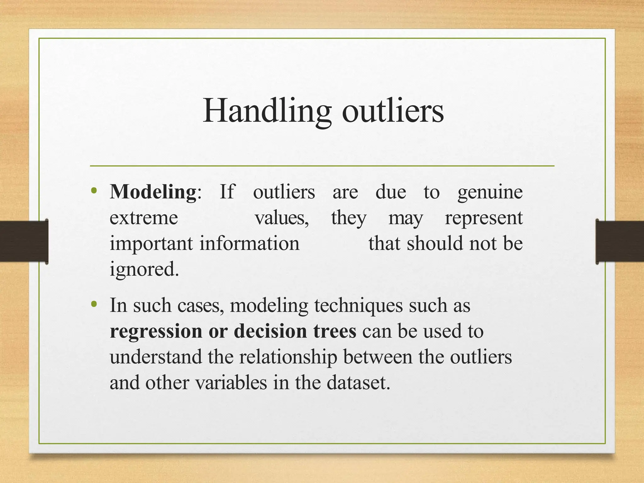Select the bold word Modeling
tap(153, 192)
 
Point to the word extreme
tap(144, 218)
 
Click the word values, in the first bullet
tap(282, 218)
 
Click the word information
tap(250, 244)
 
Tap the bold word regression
tap(156, 331)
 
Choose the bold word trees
tap(335, 331)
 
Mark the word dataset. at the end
tap(358, 383)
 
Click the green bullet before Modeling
tap(94, 191)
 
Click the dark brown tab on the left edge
tap(24, 241)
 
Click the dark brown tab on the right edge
tap(620, 241)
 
